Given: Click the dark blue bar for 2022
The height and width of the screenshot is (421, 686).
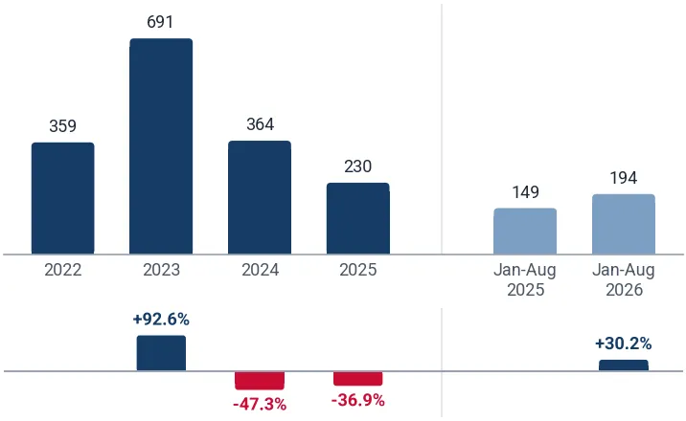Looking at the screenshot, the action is pyautogui.click(x=63, y=198).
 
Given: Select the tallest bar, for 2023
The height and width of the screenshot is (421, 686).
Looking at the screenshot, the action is pyautogui.click(x=161, y=146).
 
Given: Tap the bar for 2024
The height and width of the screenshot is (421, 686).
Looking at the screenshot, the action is pyautogui.click(x=260, y=197).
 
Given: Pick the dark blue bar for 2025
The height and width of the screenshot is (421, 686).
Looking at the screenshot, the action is pyautogui.click(x=358, y=218).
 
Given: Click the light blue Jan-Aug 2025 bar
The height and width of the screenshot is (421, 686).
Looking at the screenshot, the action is pyautogui.click(x=525, y=231).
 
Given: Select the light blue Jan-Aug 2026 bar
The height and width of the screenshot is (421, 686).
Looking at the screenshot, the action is pyautogui.click(x=624, y=224).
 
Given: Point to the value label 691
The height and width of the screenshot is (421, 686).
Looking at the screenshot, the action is pyautogui.click(x=160, y=22).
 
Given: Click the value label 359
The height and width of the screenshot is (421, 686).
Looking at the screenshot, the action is pyautogui.click(x=62, y=126).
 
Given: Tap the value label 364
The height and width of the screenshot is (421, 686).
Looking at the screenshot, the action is pyautogui.click(x=260, y=124).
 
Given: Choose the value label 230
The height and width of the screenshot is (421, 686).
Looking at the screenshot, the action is pyautogui.click(x=358, y=166).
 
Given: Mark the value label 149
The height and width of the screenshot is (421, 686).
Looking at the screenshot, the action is pyautogui.click(x=525, y=192).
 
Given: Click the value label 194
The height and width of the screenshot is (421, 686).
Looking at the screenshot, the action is pyautogui.click(x=624, y=178).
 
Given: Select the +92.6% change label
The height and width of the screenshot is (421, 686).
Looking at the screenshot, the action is pyautogui.click(x=161, y=320).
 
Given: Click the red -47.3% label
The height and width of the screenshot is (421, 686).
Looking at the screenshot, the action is pyautogui.click(x=260, y=405).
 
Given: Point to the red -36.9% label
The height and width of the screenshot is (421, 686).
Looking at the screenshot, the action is pyautogui.click(x=358, y=400).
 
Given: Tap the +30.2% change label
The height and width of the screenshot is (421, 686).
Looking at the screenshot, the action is pyautogui.click(x=624, y=343).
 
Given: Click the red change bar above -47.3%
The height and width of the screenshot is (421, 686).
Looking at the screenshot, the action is pyautogui.click(x=260, y=381).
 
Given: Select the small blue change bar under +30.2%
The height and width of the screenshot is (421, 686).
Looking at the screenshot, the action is pyautogui.click(x=624, y=366).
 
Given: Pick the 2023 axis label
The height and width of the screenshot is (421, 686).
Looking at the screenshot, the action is pyautogui.click(x=161, y=270).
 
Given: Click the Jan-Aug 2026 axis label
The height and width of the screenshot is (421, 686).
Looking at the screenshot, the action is pyautogui.click(x=624, y=280).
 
